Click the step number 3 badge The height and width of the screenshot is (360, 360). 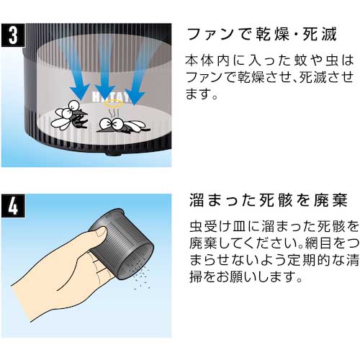pos(13,35)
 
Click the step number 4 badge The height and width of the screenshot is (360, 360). pos(13,206)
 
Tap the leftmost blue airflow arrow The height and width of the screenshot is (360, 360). pos(76,72)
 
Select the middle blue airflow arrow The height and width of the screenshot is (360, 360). pos(105,72)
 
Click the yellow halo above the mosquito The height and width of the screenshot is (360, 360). pos(113,104)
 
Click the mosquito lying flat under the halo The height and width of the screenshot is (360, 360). pos(123,125)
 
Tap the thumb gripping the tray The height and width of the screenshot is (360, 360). pos(96,233)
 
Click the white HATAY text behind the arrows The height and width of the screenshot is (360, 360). pos(112,97)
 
